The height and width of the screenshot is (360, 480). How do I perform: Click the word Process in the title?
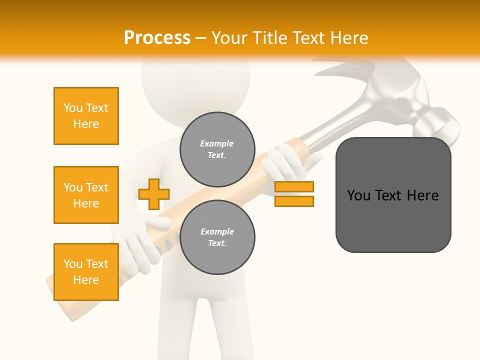coord(157,38)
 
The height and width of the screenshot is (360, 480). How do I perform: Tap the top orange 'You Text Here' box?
coord(86,116)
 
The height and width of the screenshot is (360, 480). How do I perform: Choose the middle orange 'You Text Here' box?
coord(86,195)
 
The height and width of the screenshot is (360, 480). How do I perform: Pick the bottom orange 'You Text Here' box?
coord(86,272)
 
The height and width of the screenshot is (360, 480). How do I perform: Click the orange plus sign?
coord(154,194)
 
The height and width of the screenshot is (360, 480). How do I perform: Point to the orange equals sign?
coord(294,194)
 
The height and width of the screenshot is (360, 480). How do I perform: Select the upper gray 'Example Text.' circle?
coord(217,149)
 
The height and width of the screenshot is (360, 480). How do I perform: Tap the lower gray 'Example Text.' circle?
coord(217,237)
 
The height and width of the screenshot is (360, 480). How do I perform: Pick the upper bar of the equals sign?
coord(294,187)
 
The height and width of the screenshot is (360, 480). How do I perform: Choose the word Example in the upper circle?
coord(217,143)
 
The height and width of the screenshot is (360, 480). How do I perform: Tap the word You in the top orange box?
coord(73,108)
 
